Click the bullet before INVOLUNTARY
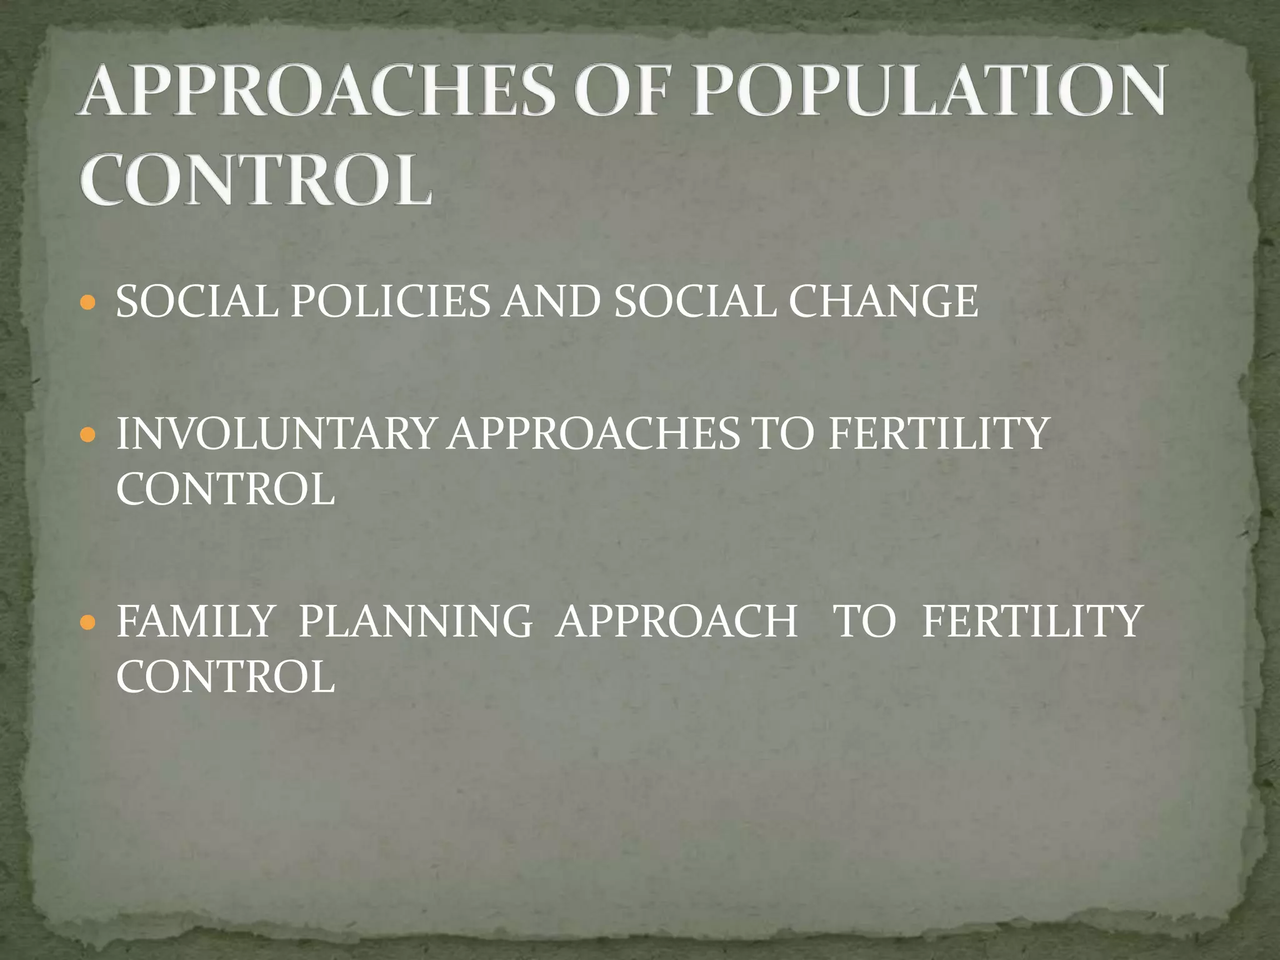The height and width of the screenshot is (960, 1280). pyautogui.click(x=89, y=435)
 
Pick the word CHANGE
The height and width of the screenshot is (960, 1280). pyautogui.click(x=883, y=301)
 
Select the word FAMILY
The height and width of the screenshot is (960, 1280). pyautogui.click(x=196, y=621)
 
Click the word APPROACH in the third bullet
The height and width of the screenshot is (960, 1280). pyautogui.click(x=677, y=621)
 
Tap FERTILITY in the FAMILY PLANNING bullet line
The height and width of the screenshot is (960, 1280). pyautogui.click(x=1032, y=621)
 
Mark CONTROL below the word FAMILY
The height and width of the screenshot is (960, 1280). pyautogui.click(x=226, y=677)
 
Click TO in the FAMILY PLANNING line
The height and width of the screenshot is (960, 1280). pyautogui.click(x=865, y=621)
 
